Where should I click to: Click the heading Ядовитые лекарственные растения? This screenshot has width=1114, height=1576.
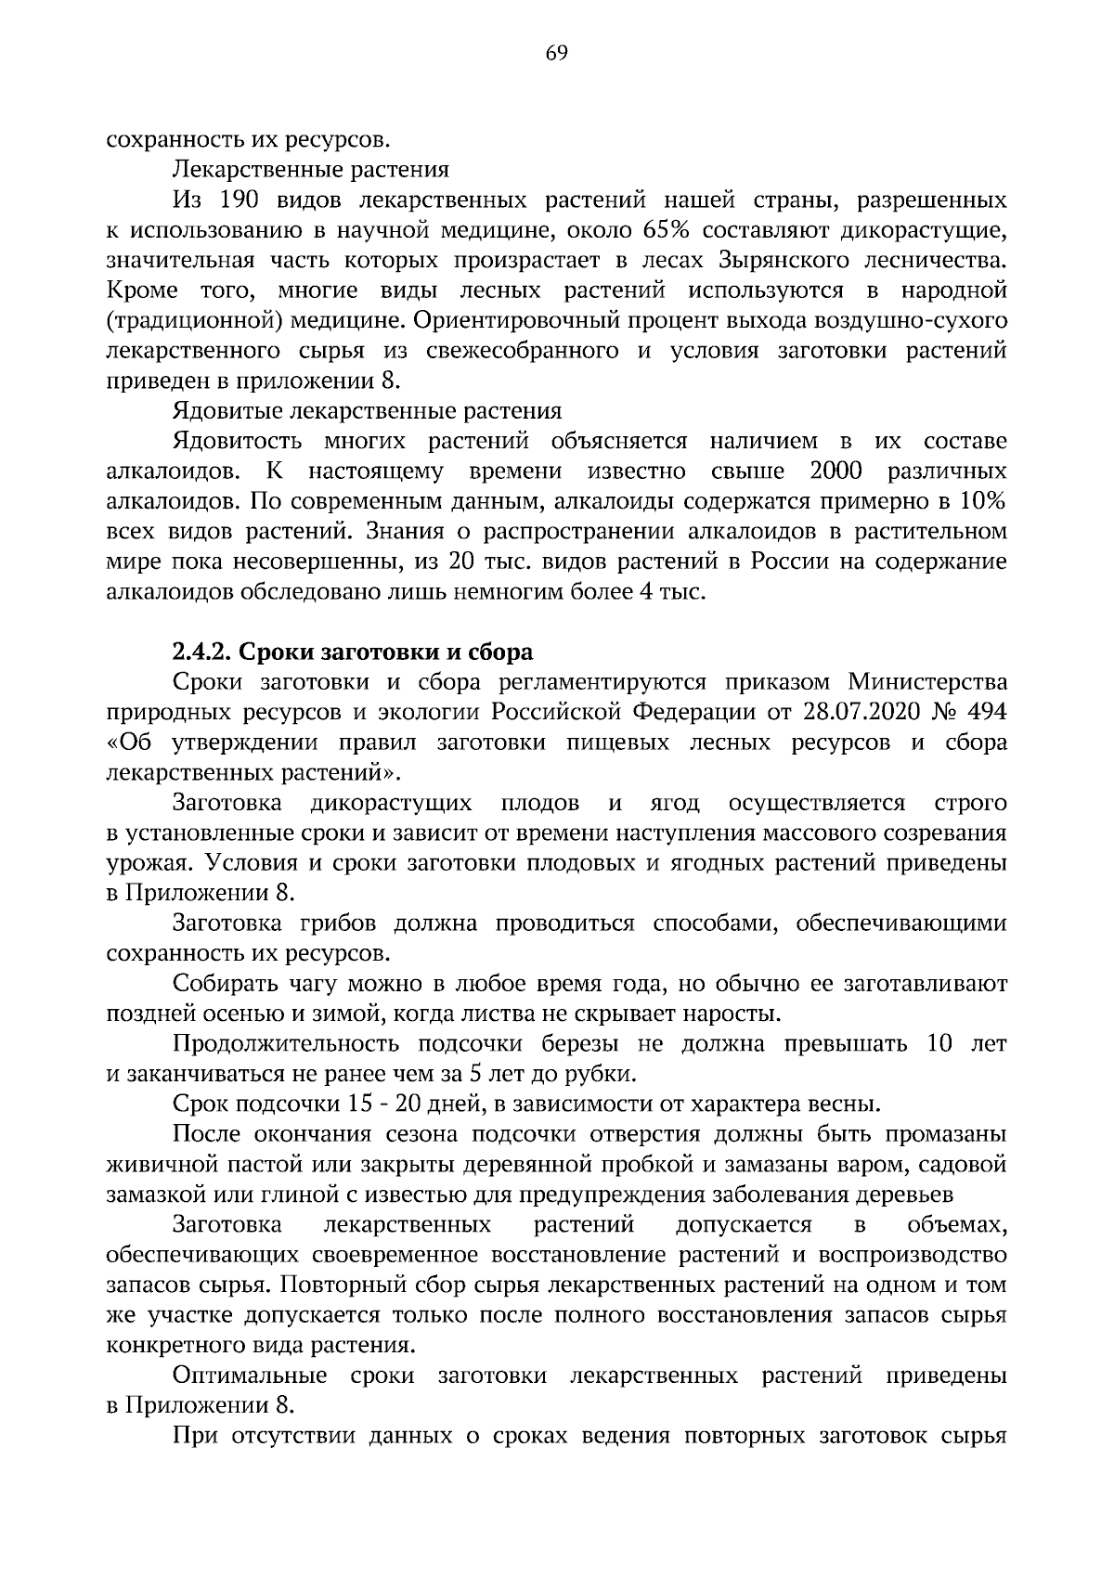tap(367, 411)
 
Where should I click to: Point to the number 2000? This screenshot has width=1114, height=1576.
tap(836, 472)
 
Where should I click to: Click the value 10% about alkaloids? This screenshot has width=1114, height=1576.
tap(983, 502)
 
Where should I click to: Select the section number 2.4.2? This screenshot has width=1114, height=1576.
tap(201, 652)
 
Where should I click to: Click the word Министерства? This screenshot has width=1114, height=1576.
tap(928, 682)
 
